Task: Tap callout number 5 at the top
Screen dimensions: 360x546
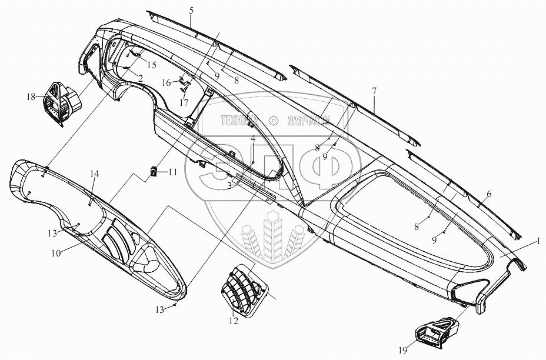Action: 191,10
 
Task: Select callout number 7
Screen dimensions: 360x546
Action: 374,91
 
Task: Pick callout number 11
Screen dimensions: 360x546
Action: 172,172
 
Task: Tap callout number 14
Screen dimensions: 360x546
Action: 95,174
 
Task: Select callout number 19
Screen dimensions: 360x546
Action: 402,351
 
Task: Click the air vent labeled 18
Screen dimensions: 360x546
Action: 60,102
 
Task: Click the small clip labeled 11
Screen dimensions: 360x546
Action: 154,172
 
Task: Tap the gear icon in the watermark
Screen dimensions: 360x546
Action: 273,120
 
